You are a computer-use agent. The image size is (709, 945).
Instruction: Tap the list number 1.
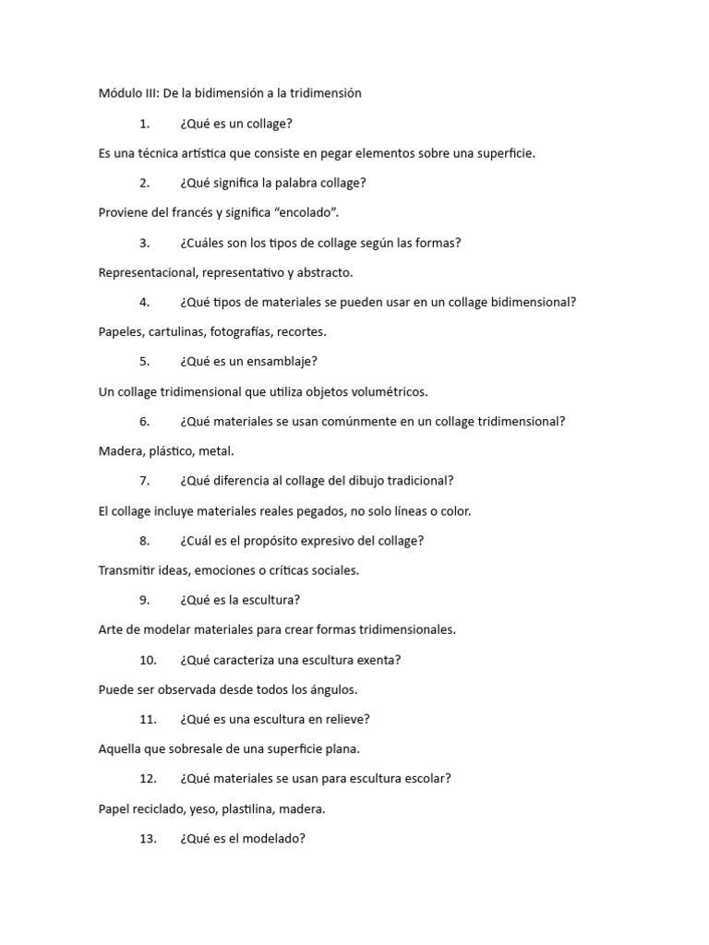[x=145, y=124]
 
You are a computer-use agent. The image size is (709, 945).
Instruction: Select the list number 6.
[x=145, y=422]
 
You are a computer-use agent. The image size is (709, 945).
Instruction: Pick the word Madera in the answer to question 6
[x=119, y=451]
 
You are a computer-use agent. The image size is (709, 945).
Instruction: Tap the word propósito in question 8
[x=283, y=541]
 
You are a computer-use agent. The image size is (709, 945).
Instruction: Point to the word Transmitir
[x=127, y=570]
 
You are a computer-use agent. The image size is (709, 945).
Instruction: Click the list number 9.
[x=145, y=600]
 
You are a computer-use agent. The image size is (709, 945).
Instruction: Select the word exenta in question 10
[x=380, y=660]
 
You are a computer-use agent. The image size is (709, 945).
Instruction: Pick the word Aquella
[x=121, y=749]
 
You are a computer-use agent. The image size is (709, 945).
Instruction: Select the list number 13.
[x=149, y=839]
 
